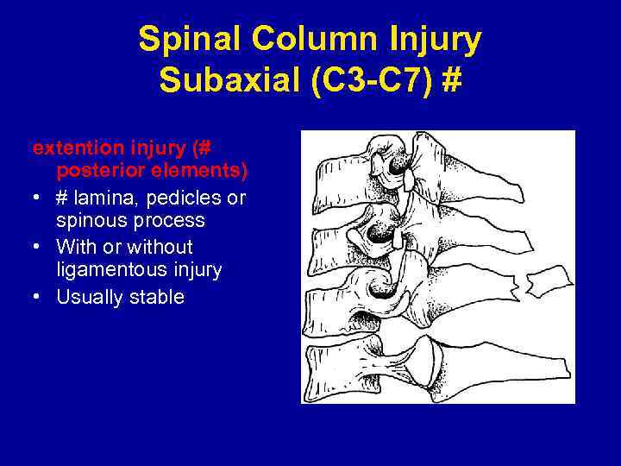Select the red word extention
coord(68,148)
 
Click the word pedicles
coord(189,198)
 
